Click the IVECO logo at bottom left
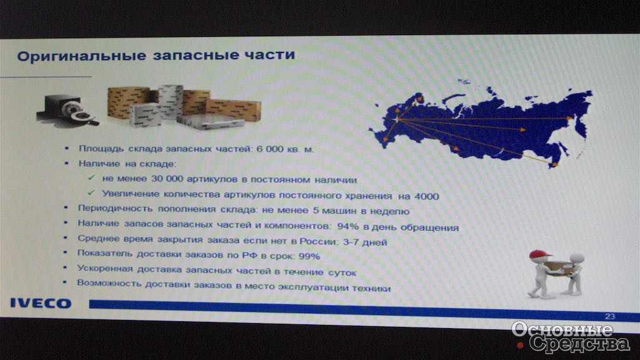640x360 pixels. coord(41,303)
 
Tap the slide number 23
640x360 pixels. coord(610,316)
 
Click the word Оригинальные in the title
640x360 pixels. coord(81,56)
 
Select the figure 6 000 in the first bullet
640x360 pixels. coord(269,149)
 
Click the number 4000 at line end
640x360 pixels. coord(426,196)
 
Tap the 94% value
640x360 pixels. coord(347,226)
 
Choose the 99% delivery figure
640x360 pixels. coord(309,256)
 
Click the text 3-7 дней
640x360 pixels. coord(365,242)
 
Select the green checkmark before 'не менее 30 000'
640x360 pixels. coord(91,177)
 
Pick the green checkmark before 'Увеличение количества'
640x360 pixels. coord(91,192)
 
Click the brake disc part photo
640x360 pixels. coord(67,109)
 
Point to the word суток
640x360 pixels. coord(342,272)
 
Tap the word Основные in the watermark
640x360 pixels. coord(562,329)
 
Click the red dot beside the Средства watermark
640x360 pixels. coord(520,345)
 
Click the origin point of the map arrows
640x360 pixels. coord(397,119)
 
